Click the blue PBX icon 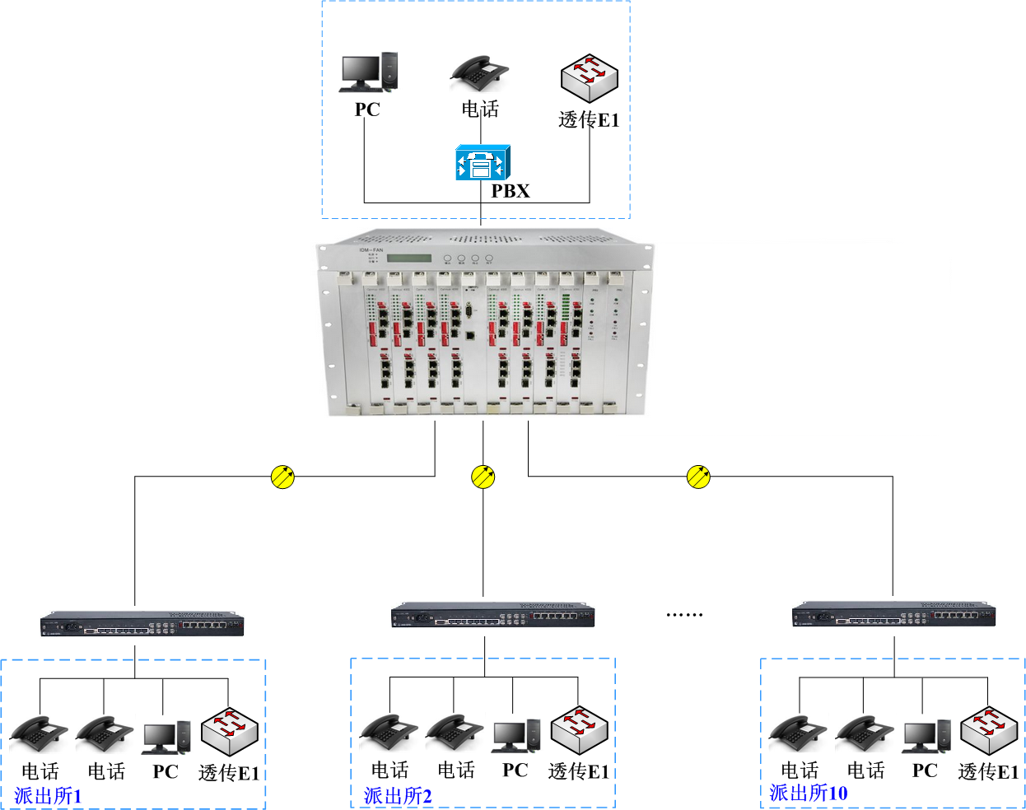483,162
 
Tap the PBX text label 511,191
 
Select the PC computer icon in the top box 369,72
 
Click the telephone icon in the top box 479,73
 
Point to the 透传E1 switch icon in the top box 589,78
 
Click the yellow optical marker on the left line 282,477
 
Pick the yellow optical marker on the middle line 483,477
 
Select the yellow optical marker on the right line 698,477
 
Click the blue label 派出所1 48,796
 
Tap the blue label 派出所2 398,796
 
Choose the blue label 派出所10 808,793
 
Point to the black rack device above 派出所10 893,615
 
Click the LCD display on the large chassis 409,258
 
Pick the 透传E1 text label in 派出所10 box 988,771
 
